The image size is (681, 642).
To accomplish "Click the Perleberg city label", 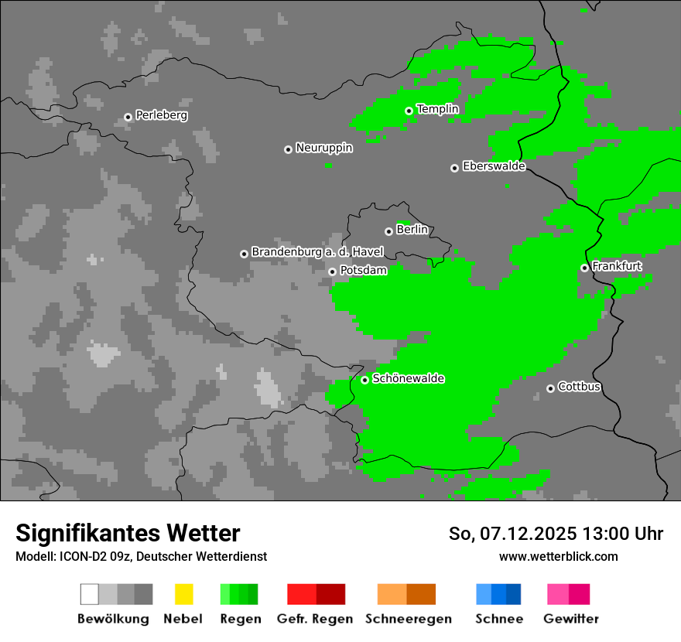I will tap(161, 115).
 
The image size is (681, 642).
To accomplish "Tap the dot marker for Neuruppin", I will tap(288, 149).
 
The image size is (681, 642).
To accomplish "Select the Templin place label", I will tap(437, 109).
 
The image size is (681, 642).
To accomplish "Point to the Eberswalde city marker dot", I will tap(454, 168).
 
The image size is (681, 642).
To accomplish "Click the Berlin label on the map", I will tap(412, 230).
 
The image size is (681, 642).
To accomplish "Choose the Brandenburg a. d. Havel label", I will tap(317, 252).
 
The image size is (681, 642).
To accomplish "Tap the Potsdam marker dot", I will tap(332, 271).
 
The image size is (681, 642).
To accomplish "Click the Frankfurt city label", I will tap(617, 266).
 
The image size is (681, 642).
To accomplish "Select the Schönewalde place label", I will tap(408, 378).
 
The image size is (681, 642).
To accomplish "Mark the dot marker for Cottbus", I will tap(550, 388).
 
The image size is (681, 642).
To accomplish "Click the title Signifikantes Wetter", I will tap(128, 533).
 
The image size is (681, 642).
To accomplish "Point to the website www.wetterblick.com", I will tap(558, 556).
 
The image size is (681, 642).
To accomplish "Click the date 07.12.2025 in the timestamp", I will tap(528, 534).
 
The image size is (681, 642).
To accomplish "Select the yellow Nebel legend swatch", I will tap(183, 594).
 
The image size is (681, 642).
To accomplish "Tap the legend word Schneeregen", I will tap(407, 619).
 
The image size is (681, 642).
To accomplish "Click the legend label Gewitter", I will tap(570, 619).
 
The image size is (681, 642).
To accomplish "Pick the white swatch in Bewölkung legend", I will tap(90, 594).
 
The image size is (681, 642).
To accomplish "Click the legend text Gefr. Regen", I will tap(315, 619).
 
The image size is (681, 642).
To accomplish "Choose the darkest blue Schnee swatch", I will tap(513, 594).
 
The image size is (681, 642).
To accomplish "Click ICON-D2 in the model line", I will tap(79, 556).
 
